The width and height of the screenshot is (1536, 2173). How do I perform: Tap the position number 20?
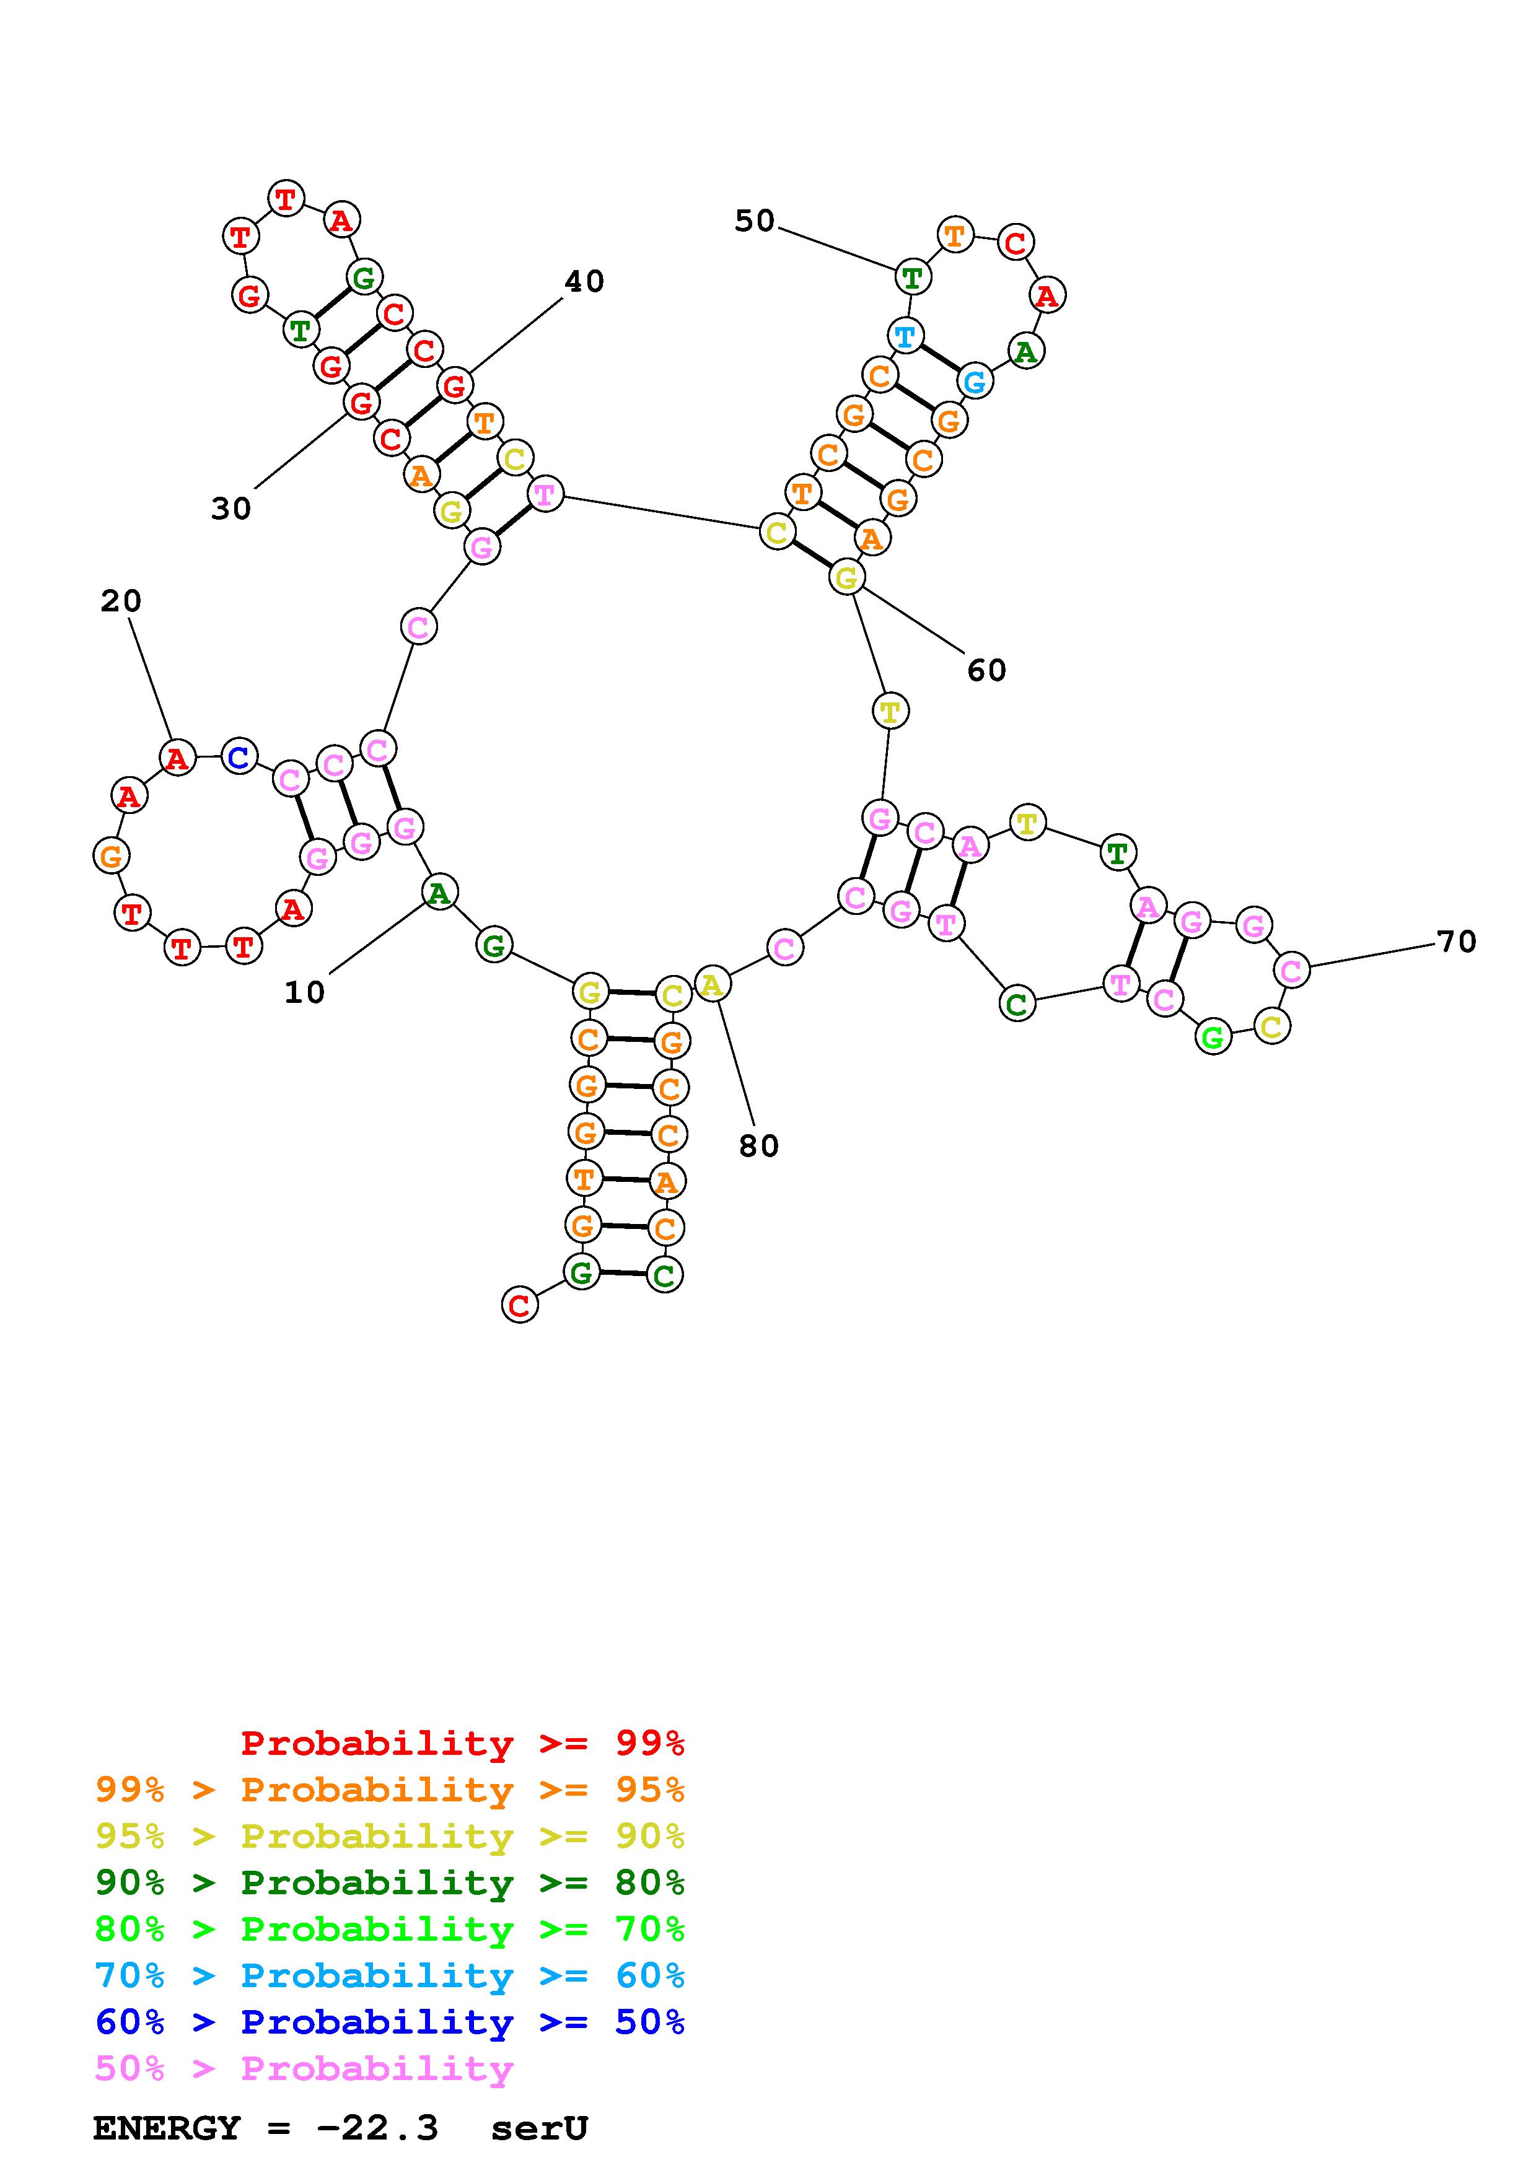tap(121, 601)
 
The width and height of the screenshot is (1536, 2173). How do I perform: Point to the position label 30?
tap(231, 509)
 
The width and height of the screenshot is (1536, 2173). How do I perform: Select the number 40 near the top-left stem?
tap(584, 281)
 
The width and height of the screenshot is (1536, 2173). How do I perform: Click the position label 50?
tap(754, 222)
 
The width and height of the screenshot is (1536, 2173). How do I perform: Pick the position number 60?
tap(986, 671)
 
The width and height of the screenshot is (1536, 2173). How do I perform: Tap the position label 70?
tap(1455, 942)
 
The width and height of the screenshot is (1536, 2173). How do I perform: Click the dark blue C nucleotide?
tap(239, 757)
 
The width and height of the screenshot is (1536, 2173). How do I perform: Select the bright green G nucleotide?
tap(1213, 1038)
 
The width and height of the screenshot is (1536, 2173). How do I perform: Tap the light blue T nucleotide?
tap(906, 336)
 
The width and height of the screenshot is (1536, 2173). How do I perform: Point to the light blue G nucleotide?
tap(974, 382)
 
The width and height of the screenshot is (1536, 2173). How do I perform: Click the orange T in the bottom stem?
tap(584, 1179)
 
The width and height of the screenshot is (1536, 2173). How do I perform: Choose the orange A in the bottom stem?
tap(666, 1182)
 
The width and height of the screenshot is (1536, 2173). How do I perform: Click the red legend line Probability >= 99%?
tap(462, 1743)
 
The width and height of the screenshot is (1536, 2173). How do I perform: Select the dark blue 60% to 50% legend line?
tap(390, 2022)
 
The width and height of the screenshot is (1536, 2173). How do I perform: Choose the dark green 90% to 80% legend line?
tap(390, 1883)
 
